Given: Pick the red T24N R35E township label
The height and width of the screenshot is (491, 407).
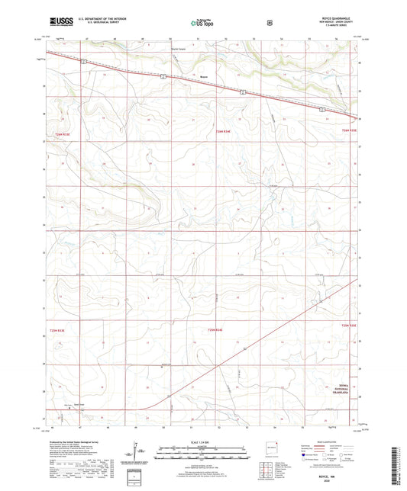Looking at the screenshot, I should click(x=349, y=133).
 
